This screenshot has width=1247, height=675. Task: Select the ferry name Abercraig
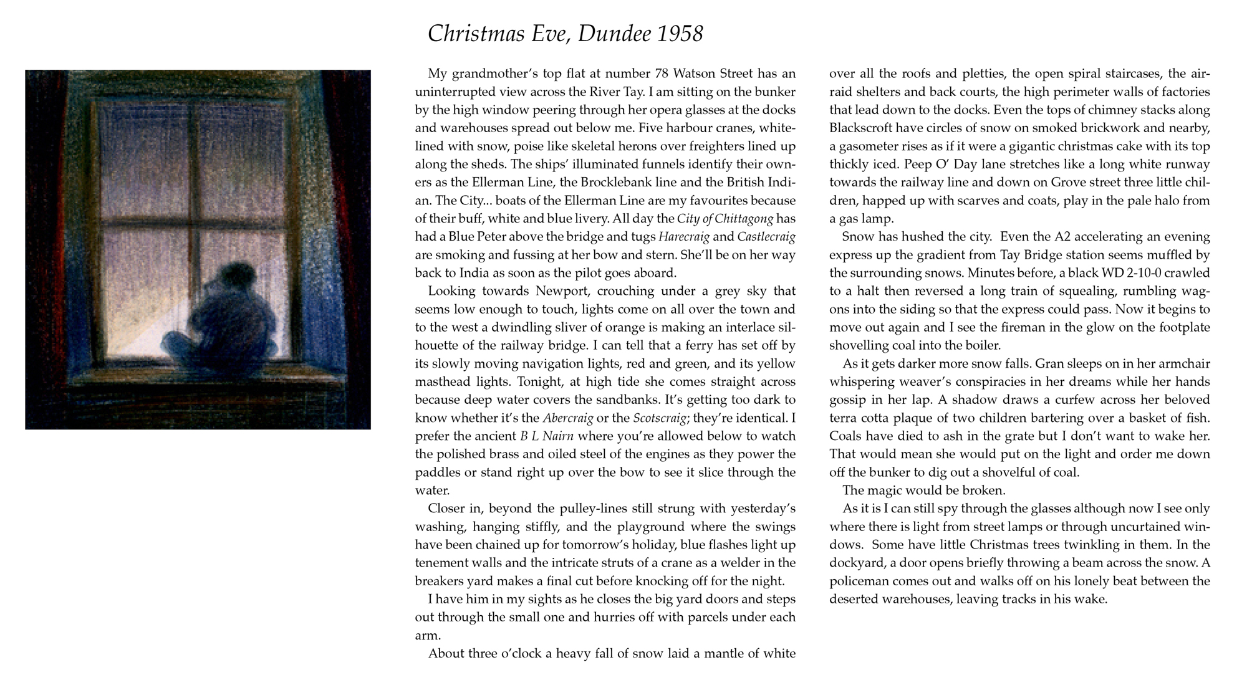click(568, 418)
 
